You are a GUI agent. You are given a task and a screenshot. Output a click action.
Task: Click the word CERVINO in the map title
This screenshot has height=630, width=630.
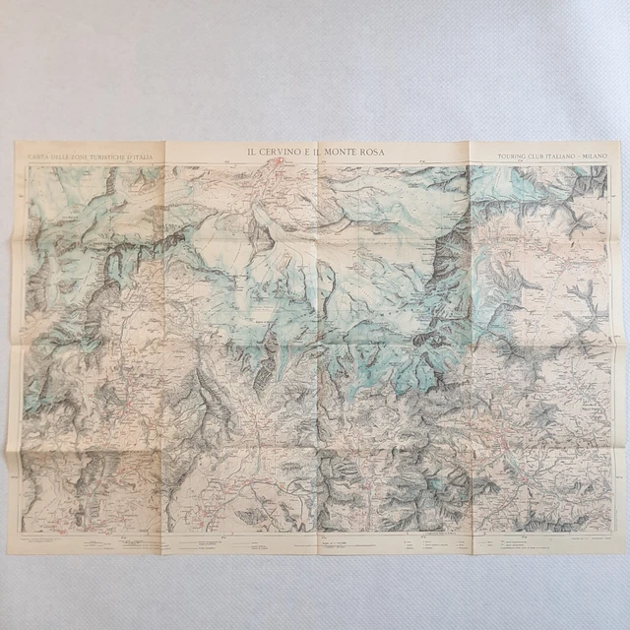(280, 151)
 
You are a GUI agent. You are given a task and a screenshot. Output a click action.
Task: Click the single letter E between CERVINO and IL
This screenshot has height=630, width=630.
(309, 151)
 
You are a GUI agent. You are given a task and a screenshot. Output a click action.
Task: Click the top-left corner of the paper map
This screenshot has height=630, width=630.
(14, 143)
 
